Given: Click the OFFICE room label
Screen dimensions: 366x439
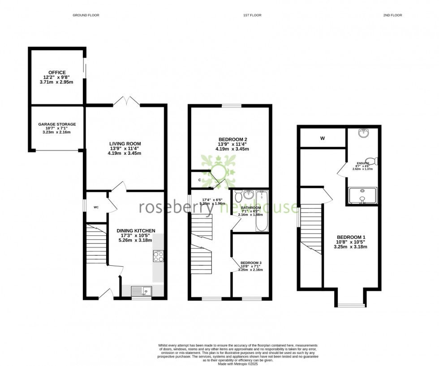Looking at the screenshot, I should pyautogui.click(x=58, y=72).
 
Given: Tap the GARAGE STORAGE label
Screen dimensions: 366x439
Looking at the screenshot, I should pyautogui.click(x=57, y=124).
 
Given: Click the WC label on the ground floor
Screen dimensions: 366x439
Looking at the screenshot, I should pyautogui.click(x=96, y=208).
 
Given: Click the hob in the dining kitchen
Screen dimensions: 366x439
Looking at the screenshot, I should pyautogui.click(x=158, y=256).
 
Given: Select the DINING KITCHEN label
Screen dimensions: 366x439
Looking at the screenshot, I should pyautogui.click(x=134, y=231).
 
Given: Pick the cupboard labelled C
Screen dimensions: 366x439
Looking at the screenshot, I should pyautogui.click(x=199, y=180).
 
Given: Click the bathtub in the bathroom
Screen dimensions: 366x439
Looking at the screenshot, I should pyautogui.click(x=261, y=210).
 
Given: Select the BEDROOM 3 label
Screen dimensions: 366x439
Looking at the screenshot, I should pyautogui.click(x=251, y=263).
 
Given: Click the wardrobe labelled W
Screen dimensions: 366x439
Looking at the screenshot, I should pyautogui.click(x=322, y=138).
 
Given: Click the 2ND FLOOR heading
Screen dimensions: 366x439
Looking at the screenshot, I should pyautogui.click(x=392, y=15).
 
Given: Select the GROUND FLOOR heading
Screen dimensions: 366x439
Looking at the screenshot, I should pyautogui.click(x=86, y=15).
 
